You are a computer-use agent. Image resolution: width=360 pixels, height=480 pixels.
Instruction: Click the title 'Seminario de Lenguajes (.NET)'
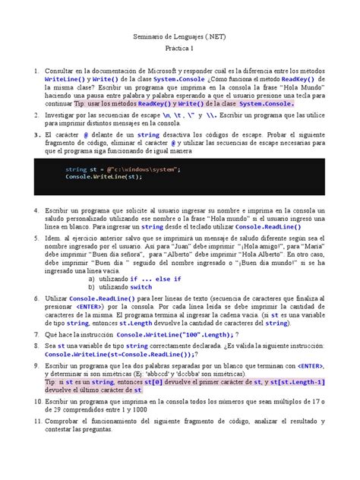[x=179, y=36]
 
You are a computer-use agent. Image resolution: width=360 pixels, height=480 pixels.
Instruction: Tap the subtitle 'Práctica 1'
[x=179, y=48]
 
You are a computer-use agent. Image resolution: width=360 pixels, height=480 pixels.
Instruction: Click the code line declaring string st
[x=123, y=169]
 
